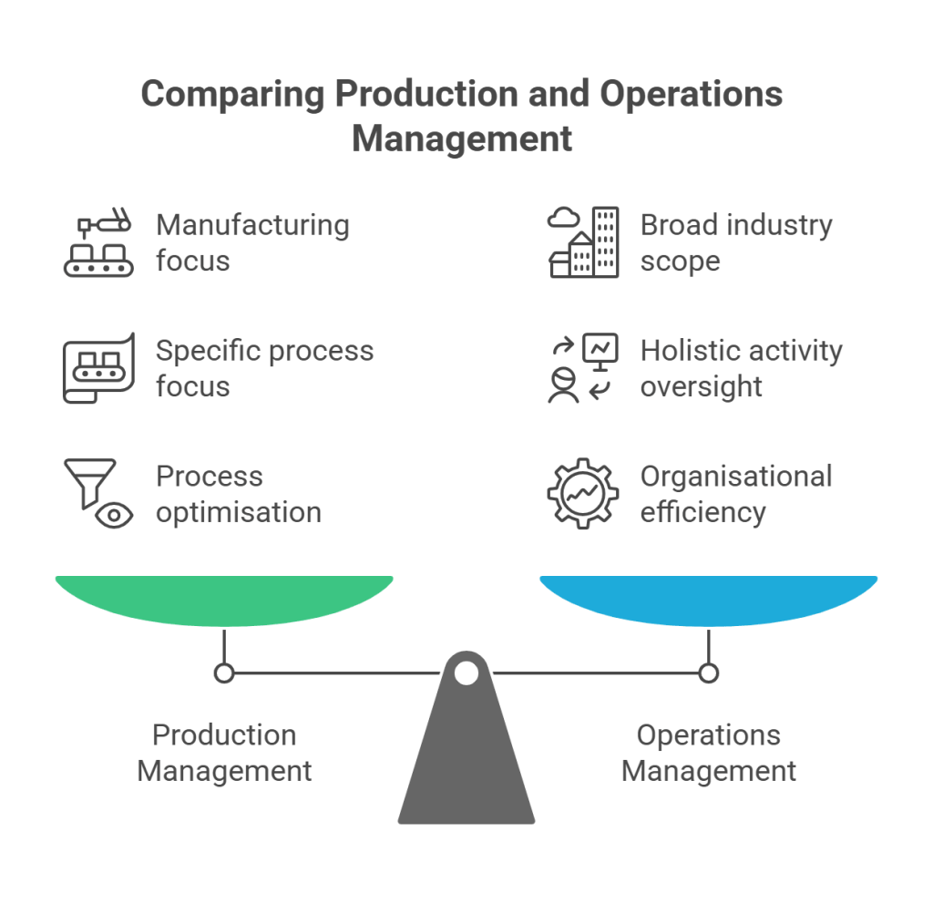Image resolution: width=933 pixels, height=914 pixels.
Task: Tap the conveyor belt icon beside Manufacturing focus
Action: coord(98,243)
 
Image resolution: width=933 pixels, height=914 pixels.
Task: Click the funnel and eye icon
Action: coord(98,494)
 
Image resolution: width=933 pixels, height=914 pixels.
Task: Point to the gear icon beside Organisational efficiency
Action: coord(582,494)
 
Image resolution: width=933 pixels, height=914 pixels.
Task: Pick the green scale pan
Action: coord(224,599)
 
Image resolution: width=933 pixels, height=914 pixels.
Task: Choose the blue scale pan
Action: coord(709,599)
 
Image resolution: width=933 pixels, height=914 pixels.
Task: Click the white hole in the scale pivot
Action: coord(466,673)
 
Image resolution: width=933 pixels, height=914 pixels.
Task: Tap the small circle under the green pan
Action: coord(224,673)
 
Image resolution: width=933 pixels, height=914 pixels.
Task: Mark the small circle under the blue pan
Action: coord(709,673)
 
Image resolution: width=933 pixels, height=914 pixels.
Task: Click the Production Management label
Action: coord(224,753)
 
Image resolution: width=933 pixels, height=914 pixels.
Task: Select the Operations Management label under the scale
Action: coord(709,753)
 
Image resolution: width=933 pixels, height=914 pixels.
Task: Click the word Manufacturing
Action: coord(252,225)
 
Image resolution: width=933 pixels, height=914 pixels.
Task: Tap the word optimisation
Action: coord(239,512)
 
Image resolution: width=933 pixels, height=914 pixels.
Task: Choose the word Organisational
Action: coord(736,477)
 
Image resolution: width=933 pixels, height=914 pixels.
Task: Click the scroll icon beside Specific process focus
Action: coord(98,368)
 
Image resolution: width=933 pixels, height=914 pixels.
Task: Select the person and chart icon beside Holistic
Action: coord(582,368)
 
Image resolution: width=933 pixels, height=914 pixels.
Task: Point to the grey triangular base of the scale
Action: coord(466,765)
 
